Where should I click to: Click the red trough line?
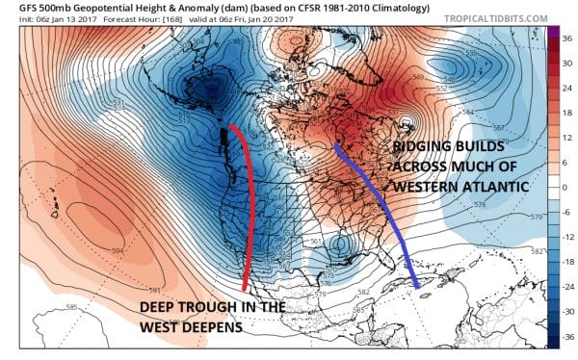click(x=252, y=212)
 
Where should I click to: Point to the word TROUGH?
click(x=217, y=307)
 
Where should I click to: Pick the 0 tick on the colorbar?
click(x=567, y=186)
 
